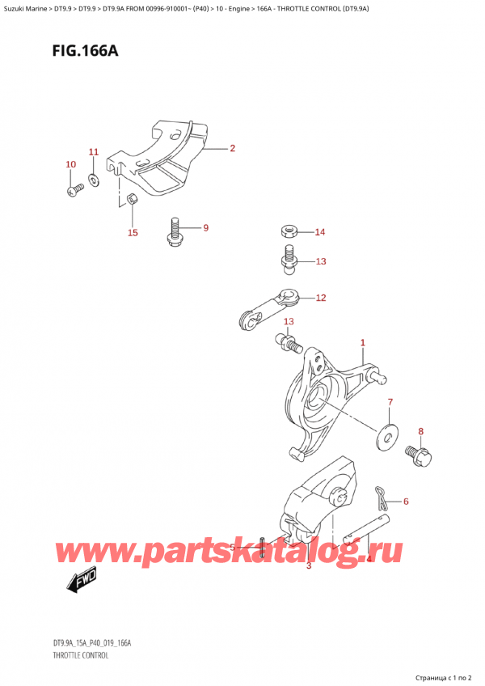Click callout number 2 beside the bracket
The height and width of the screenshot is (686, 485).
pos(232,148)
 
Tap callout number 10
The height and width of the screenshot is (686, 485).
pos(70,165)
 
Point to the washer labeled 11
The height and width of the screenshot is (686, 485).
pos(94,176)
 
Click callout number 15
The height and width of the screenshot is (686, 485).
pos(133,233)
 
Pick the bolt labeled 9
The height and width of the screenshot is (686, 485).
pos(173,230)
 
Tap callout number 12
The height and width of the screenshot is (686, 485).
pos(320,298)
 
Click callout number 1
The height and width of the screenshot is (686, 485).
pos(363,343)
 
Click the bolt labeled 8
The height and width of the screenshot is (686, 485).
pos(417,454)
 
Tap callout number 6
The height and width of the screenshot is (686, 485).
pos(406,502)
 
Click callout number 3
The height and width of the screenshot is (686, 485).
pos(309,566)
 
